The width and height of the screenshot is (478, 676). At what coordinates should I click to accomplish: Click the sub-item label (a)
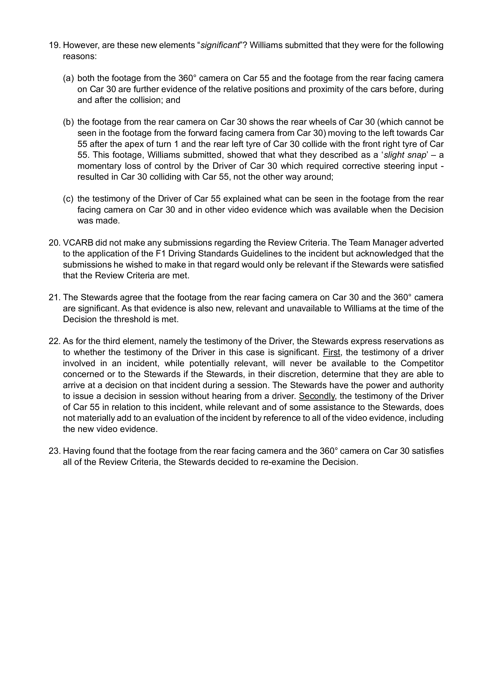point(69,78)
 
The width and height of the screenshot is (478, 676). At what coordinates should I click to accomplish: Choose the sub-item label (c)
point(69,199)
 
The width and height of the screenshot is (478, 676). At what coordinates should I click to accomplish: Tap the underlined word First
point(331,352)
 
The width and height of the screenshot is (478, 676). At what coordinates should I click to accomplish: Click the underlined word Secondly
point(317,396)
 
